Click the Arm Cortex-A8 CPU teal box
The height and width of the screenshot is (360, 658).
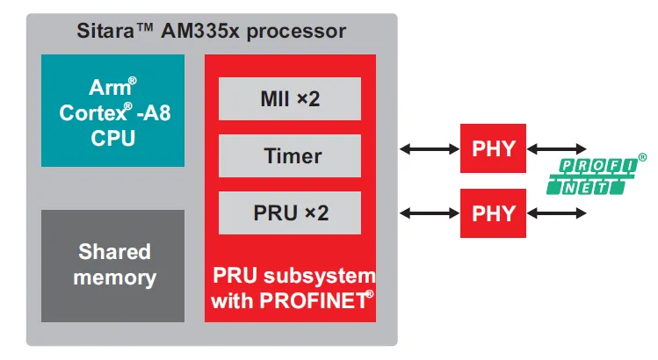[113, 111]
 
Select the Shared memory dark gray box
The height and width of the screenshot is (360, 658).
[113, 264]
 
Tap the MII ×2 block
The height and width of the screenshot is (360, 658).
[290, 99]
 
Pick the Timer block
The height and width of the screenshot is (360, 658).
[290, 156]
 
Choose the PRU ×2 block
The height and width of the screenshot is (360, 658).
[290, 212]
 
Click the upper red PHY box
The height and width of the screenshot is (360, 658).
[493, 148]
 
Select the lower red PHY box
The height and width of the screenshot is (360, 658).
[493, 212]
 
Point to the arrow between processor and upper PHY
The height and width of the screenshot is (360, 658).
[429, 148]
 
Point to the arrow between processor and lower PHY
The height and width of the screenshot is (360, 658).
[429, 212]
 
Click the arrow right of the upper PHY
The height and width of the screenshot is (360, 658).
[556, 148]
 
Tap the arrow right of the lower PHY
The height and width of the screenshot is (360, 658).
[556, 212]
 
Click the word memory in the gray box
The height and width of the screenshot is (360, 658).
[114, 278]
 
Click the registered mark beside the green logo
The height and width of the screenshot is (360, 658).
[642, 157]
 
